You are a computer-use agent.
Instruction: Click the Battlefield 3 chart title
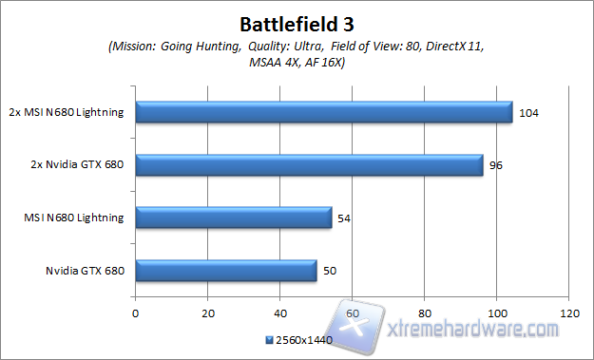296,21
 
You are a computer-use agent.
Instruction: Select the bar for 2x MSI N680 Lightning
324,112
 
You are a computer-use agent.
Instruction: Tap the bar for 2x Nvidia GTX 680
310,165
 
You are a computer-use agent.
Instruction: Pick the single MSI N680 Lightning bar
234,218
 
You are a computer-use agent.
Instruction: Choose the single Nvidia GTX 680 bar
226,271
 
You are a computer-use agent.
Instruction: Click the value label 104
528,113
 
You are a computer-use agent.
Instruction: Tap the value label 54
343,218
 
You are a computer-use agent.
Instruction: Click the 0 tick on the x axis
136,312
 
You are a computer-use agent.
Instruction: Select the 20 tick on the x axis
208,312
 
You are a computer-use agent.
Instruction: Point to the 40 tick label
280,312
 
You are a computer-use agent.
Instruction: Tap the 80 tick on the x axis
425,312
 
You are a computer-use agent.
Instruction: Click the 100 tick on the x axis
497,312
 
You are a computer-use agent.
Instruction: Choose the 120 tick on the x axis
569,312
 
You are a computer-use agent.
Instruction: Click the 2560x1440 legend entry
302,339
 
